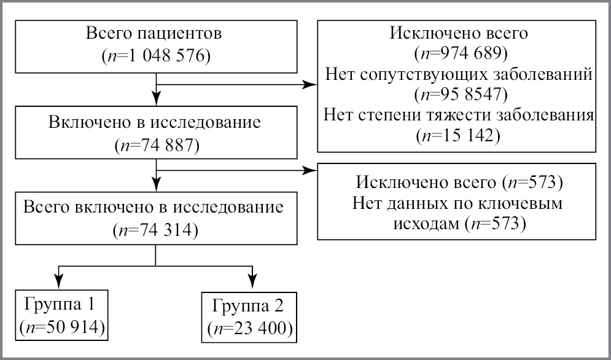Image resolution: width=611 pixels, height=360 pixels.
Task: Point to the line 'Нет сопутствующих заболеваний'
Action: coord(458,75)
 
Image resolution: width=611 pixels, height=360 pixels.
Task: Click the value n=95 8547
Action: coord(460,95)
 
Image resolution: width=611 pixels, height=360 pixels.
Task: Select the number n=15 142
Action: coord(460,135)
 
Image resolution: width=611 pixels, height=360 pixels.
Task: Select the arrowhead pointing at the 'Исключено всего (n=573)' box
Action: coord(309,171)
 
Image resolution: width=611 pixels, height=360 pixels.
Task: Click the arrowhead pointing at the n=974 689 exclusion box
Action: coord(309,86)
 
